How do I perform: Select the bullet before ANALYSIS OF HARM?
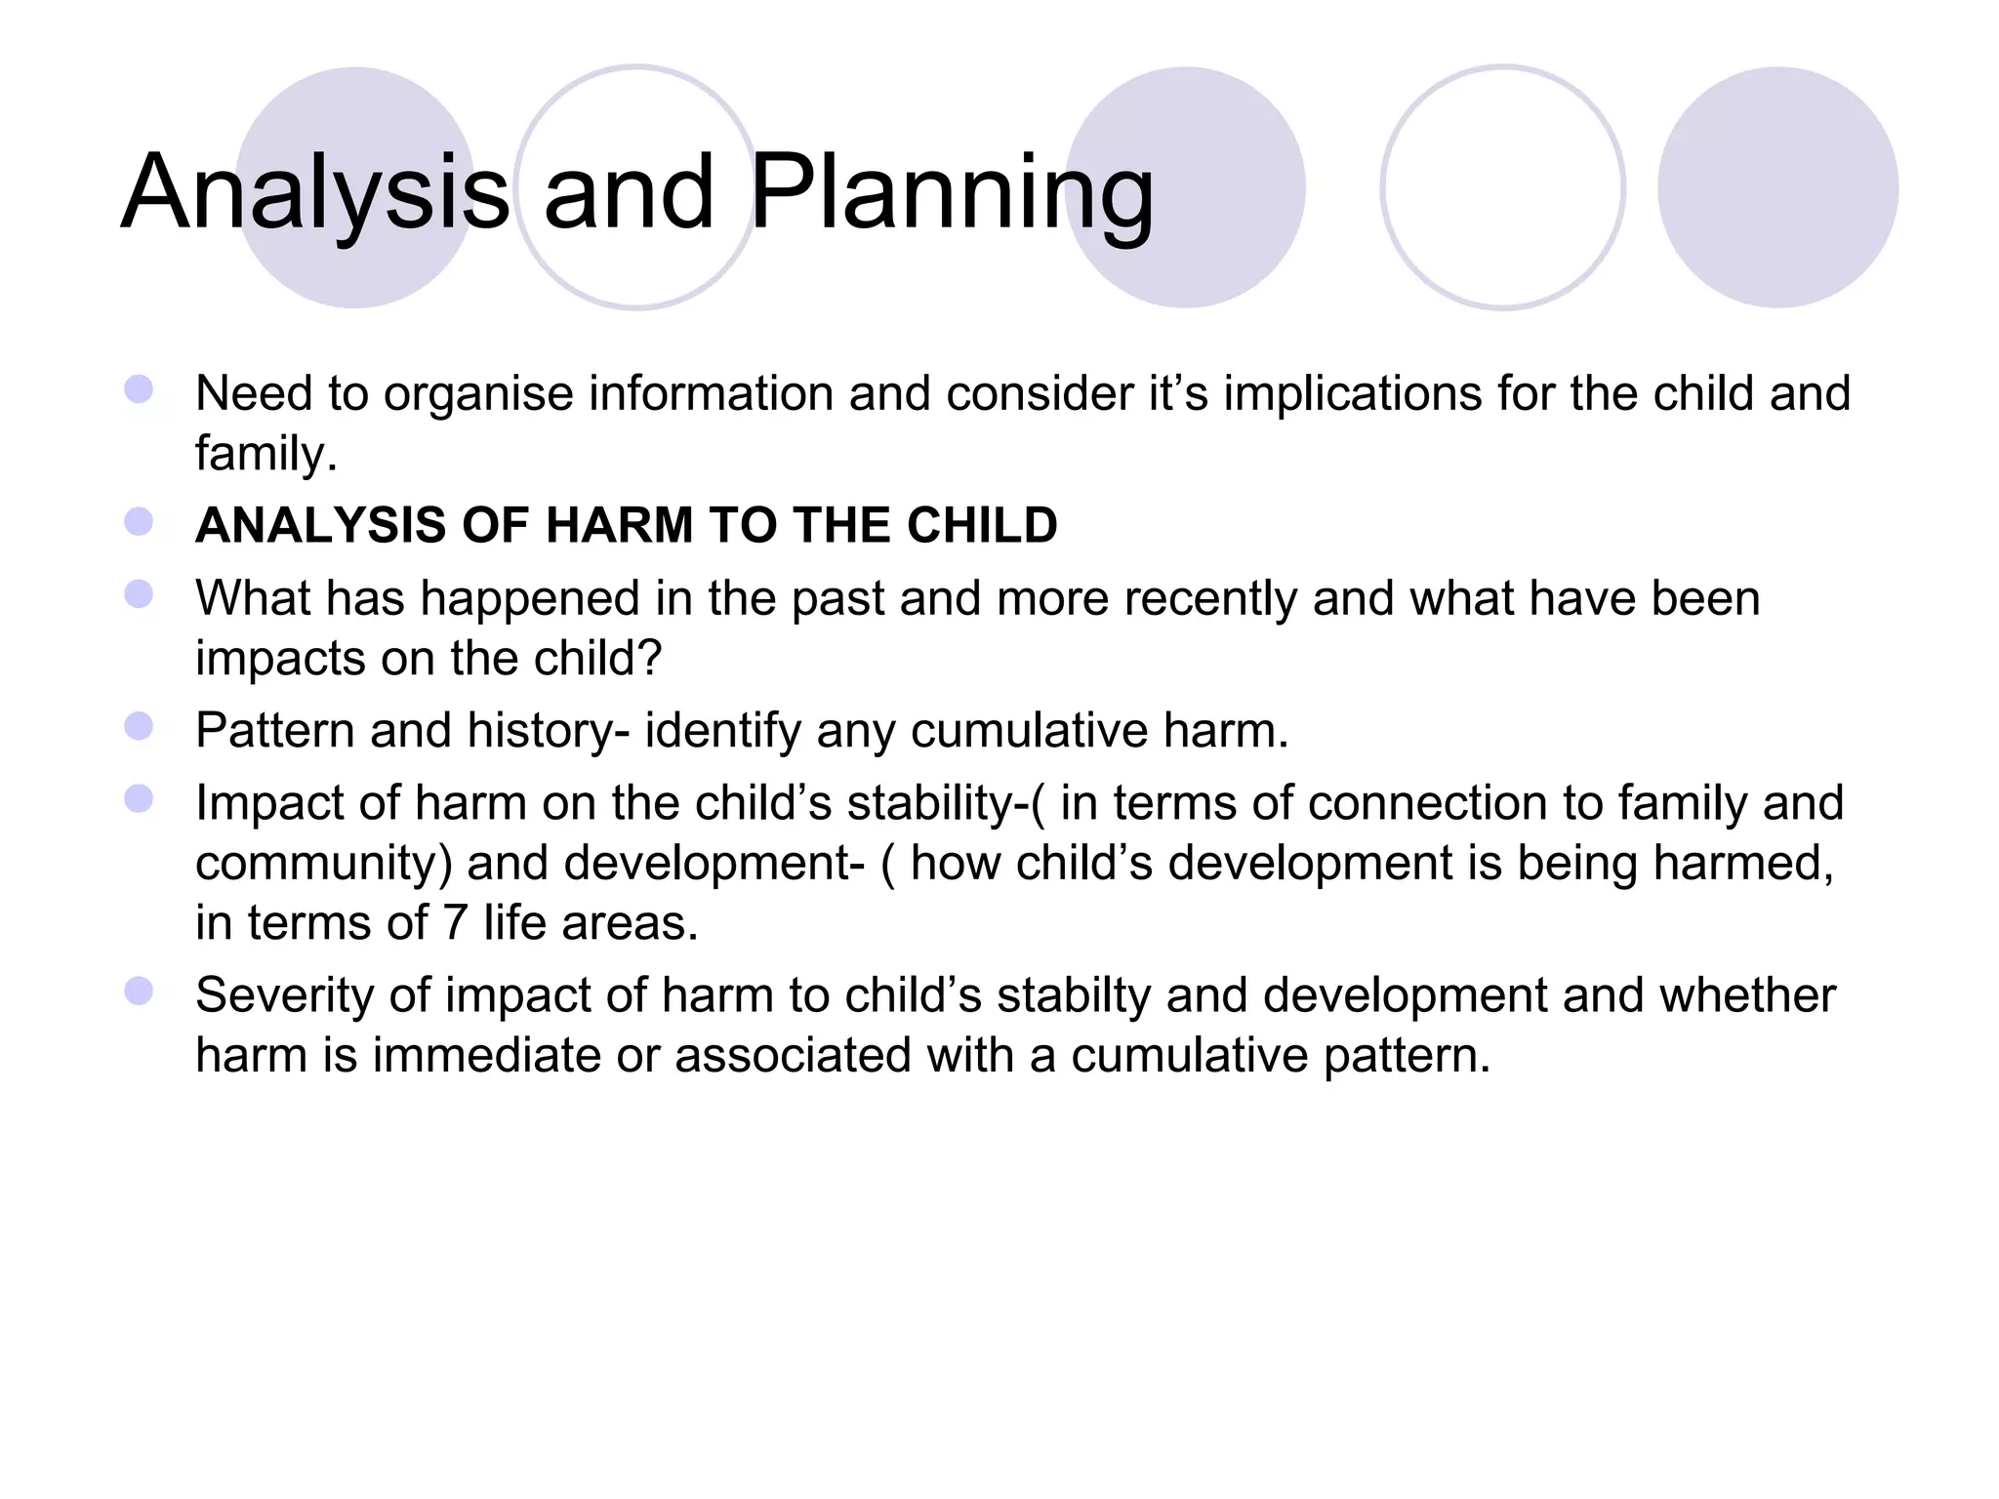coord(139,522)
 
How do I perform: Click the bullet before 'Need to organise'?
coord(139,390)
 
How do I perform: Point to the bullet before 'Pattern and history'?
coord(139,727)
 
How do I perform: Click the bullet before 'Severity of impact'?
coord(139,992)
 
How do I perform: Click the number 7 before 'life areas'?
coord(455,923)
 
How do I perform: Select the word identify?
coord(722,731)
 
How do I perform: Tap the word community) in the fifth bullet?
coord(324,865)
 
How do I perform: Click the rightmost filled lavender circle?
coord(1777,187)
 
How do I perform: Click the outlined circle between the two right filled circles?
coord(1502,187)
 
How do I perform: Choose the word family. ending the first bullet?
coord(265,455)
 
